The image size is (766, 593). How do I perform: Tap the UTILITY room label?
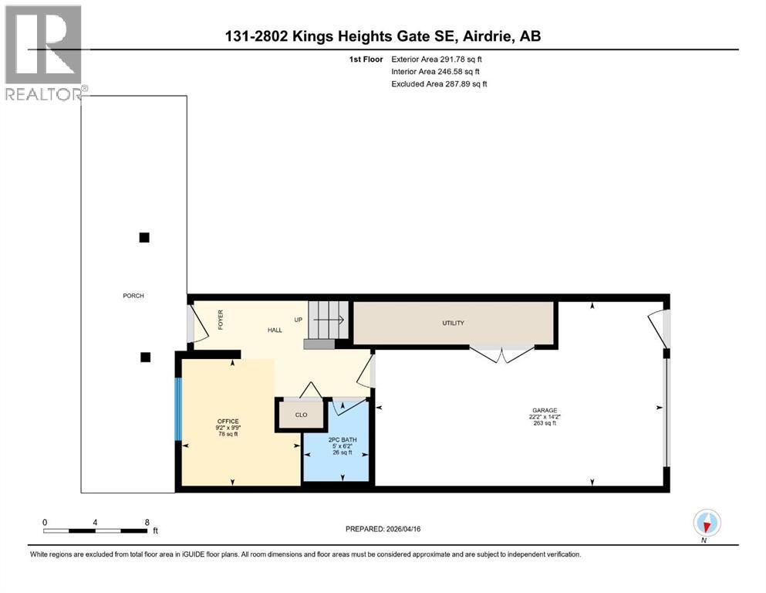click(453, 323)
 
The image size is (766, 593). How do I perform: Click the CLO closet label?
click(301, 415)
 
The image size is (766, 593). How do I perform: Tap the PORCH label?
click(133, 296)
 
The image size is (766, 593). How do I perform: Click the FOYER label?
click(220, 320)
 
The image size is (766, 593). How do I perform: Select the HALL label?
click(275, 330)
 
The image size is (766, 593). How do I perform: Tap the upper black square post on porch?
click(143, 237)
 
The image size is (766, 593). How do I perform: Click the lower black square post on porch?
click(145, 357)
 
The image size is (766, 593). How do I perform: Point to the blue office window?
click(177, 409)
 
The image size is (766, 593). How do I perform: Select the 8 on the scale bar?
click(147, 522)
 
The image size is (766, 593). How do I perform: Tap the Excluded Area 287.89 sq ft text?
click(439, 83)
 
